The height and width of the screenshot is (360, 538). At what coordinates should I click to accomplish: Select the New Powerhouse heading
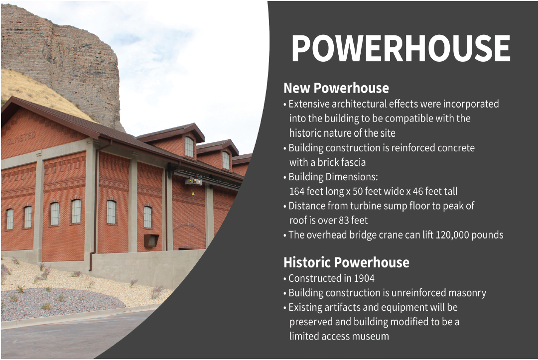336,88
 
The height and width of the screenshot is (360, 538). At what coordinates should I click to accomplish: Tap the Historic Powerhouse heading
346,262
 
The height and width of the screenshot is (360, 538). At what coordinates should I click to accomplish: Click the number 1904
364,278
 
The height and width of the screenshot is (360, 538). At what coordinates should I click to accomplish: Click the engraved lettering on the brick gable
21,138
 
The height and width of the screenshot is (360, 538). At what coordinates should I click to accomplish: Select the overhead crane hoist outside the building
194,181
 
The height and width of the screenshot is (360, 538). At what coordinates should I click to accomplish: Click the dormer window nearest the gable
189,147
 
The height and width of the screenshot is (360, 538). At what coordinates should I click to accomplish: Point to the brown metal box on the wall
151,240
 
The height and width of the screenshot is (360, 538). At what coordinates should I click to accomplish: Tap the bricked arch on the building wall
188,228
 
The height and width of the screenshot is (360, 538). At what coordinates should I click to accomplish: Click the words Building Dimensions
333,177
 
